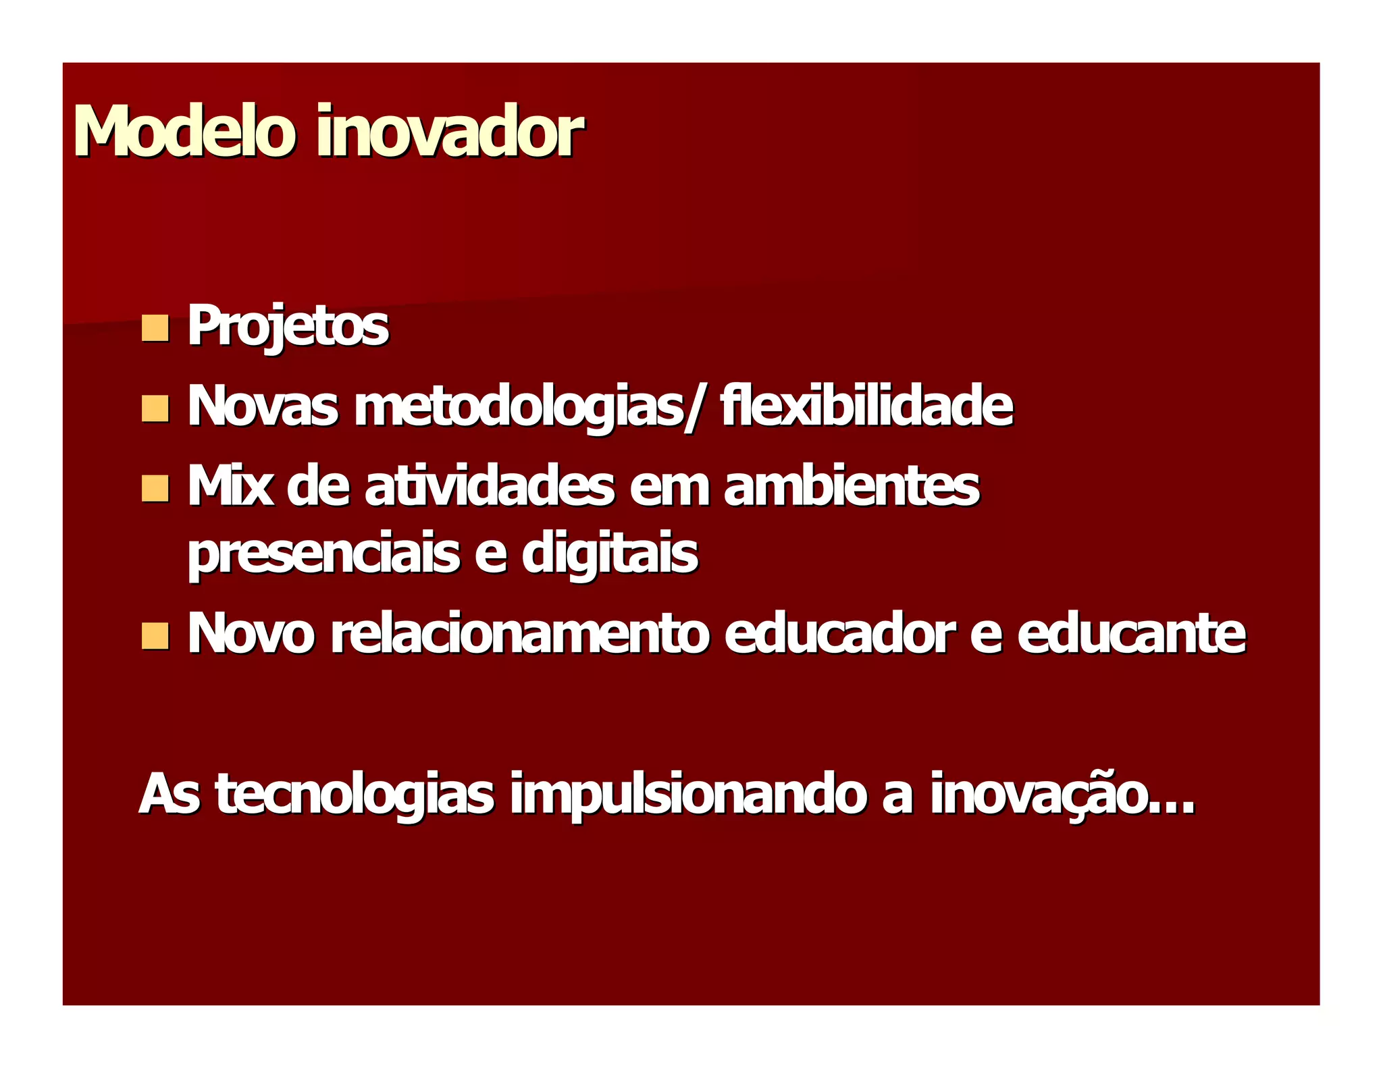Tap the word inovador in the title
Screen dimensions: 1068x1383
(x=449, y=131)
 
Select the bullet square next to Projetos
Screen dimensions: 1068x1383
(x=155, y=328)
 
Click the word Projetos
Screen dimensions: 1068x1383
(x=288, y=327)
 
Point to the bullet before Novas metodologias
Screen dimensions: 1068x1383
(x=155, y=409)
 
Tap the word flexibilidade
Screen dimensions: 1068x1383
(x=866, y=406)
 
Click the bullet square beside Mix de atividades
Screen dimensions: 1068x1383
(x=155, y=488)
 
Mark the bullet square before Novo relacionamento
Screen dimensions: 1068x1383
(x=155, y=636)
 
